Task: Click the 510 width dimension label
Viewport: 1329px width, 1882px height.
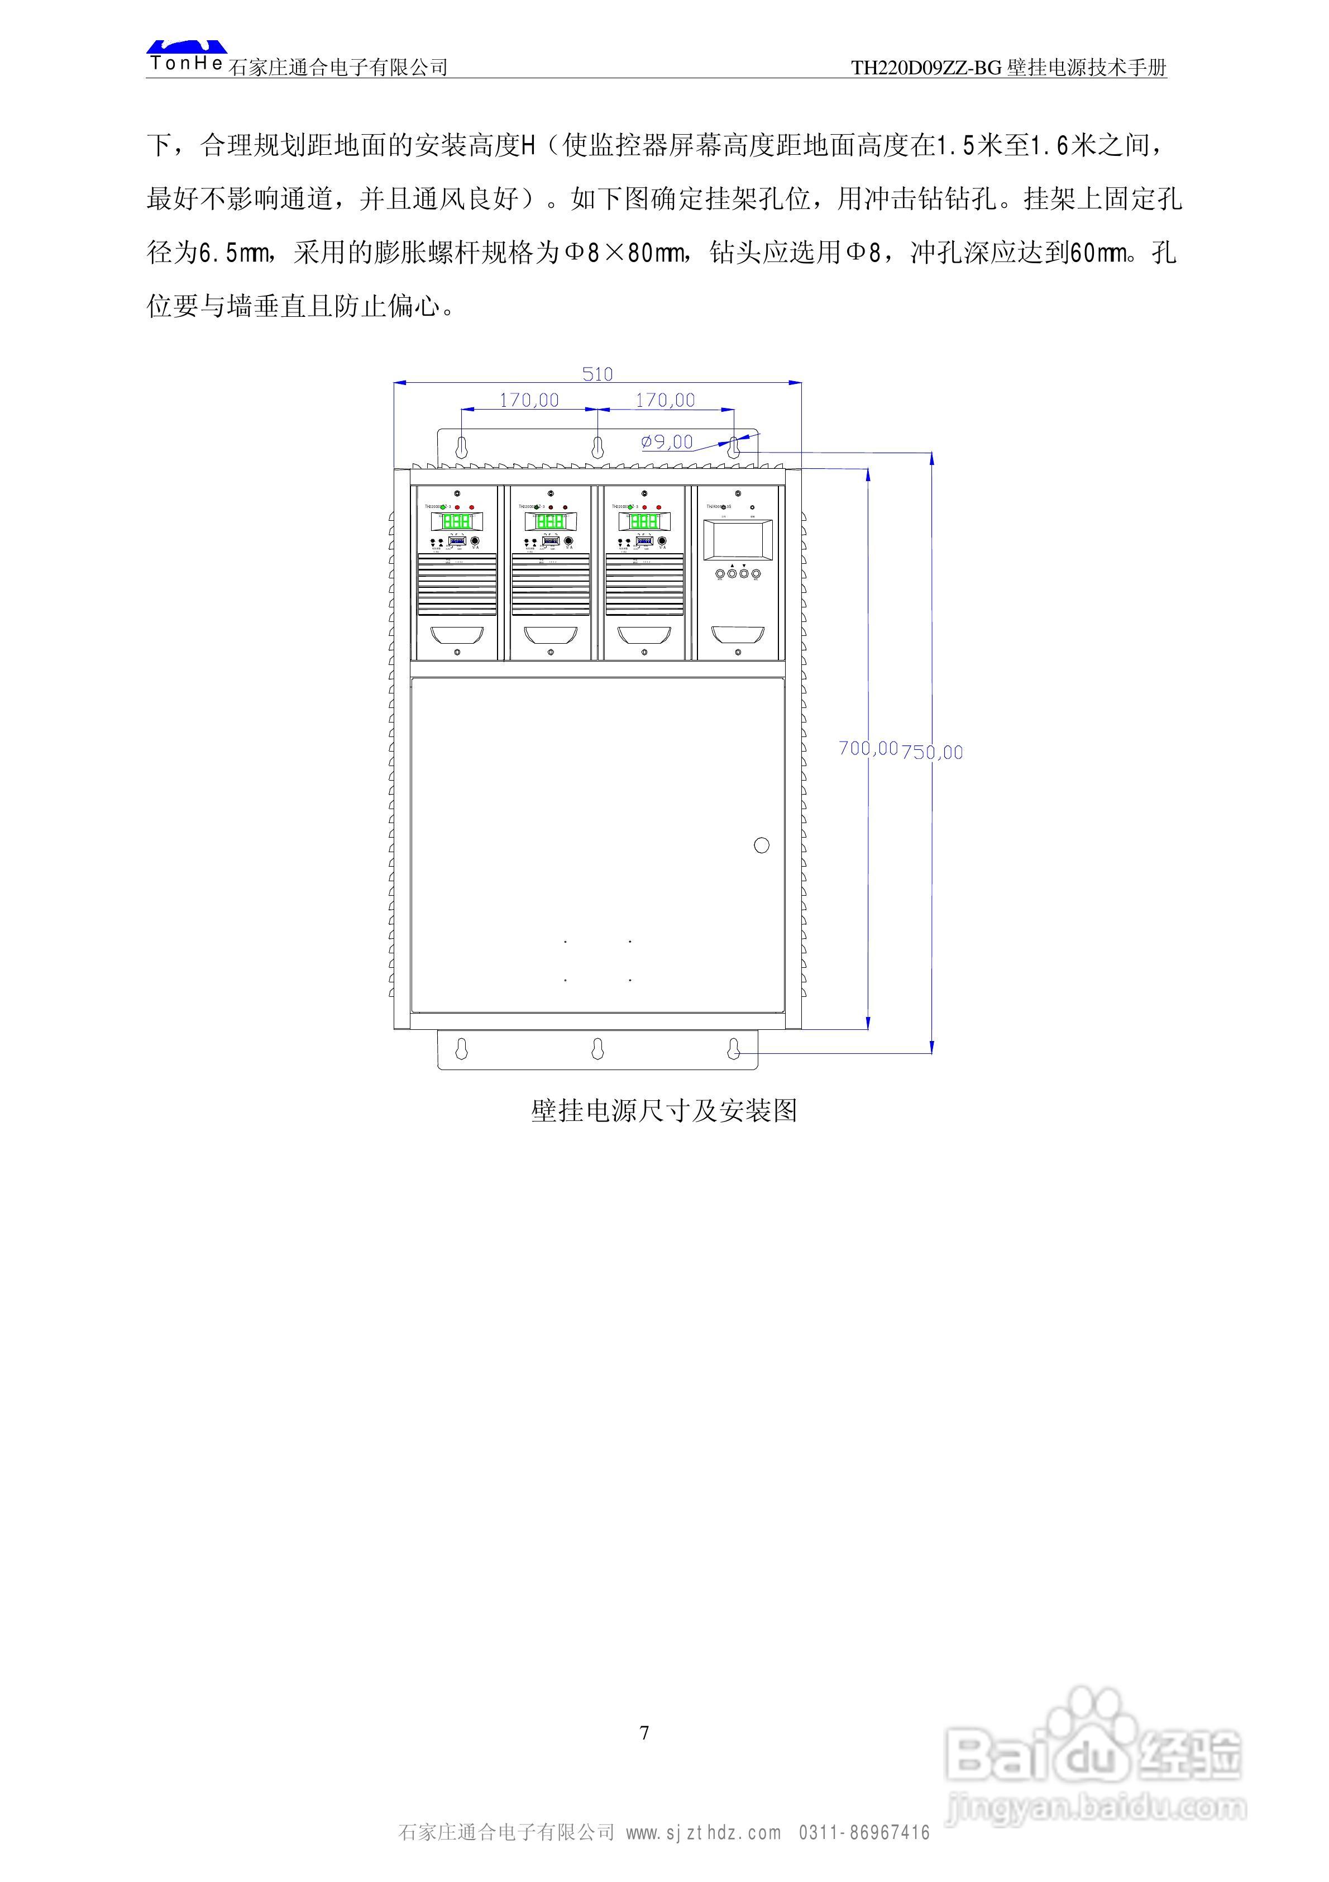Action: click(597, 374)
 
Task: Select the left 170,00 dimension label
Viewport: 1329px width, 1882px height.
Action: click(529, 400)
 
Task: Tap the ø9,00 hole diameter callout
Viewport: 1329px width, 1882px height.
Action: click(667, 442)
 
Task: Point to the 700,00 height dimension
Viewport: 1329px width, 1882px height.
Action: click(868, 748)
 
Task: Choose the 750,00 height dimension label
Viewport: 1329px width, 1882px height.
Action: click(933, 752)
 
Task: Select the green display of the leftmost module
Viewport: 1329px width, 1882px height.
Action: click(456, 521)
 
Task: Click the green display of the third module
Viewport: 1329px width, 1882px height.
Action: click(644, 521)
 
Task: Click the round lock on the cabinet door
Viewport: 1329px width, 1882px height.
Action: click(761, 845)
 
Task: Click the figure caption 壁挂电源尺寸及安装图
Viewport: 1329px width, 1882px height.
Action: click(664, 1111)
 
